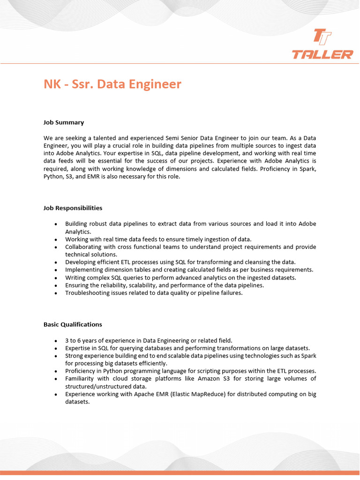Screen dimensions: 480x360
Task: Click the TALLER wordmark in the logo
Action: [322, 55]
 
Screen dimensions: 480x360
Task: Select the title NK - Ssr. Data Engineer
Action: [112, 84]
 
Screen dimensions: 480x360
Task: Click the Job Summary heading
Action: [64, 122]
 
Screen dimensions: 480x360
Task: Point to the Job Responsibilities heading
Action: [73, 208]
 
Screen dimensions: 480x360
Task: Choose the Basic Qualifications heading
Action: [73, 324]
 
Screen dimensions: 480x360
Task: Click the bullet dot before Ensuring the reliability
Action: [56, 285]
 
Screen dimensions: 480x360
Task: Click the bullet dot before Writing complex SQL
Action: [56, 278]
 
